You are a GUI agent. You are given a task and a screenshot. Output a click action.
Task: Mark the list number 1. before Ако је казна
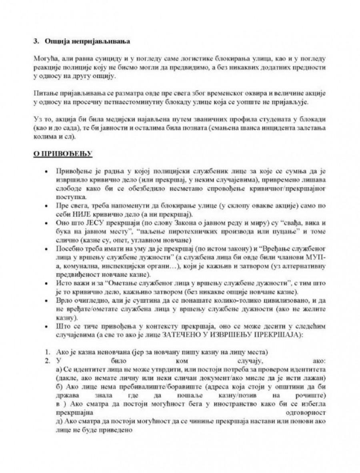[x=47, y=352]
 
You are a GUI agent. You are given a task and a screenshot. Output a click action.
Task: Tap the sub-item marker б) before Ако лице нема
[x=56, y=387]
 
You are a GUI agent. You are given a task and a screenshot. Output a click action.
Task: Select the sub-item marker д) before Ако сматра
[x=56, y=422]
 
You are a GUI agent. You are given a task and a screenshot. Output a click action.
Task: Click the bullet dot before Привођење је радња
[x=48, y=171]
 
